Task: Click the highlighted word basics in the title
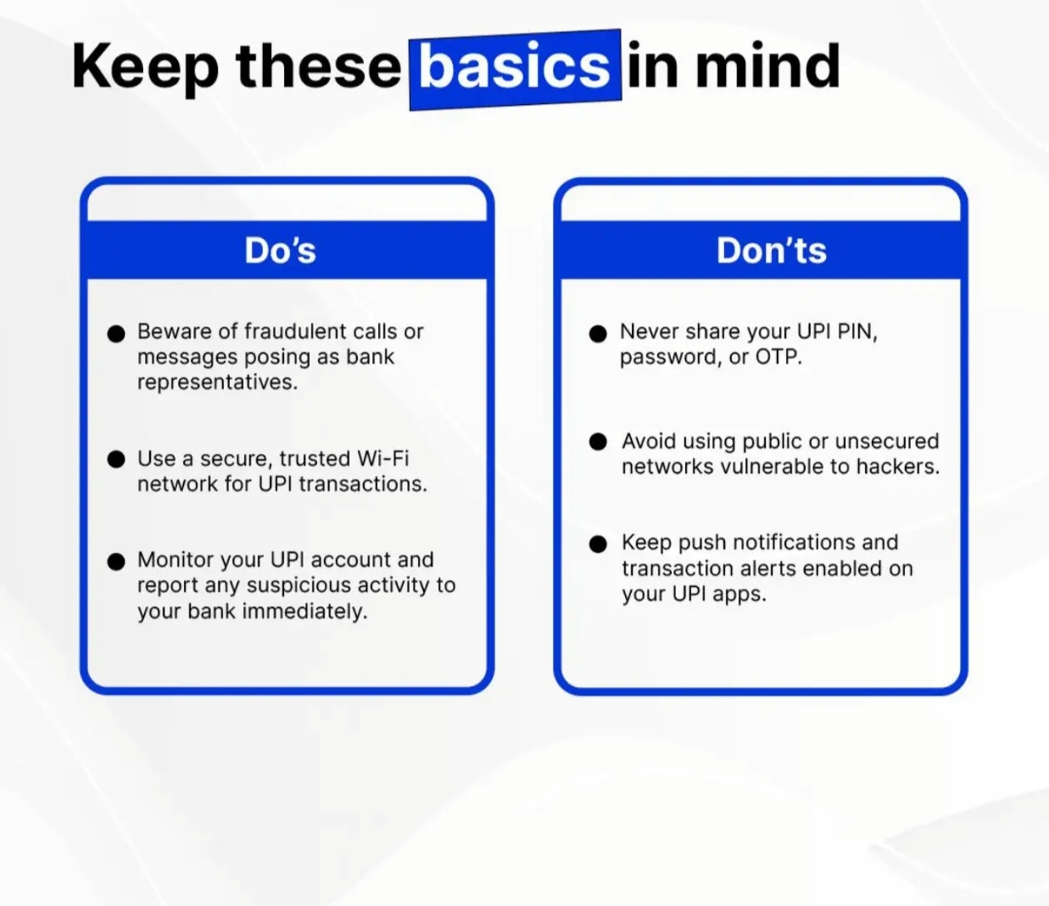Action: [515, 67]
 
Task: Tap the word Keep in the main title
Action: [145, 68]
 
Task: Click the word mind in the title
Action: [768, 66]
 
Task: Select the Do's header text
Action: [280, 250]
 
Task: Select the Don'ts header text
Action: [772, 250]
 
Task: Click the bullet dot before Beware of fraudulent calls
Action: [117, 333]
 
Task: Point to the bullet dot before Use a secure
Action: [117, 459]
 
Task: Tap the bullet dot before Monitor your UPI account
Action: [117, 561]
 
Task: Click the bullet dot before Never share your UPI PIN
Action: [598, 333]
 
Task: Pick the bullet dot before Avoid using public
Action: [598, 441]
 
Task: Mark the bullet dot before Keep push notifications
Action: [598, 544]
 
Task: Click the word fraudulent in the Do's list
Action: [296, 331]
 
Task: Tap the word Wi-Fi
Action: [383, 458]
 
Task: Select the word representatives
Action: [218, 382]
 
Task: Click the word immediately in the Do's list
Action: [305, 611]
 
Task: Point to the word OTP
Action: [778, 356]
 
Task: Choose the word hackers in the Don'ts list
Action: [898, 466]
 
